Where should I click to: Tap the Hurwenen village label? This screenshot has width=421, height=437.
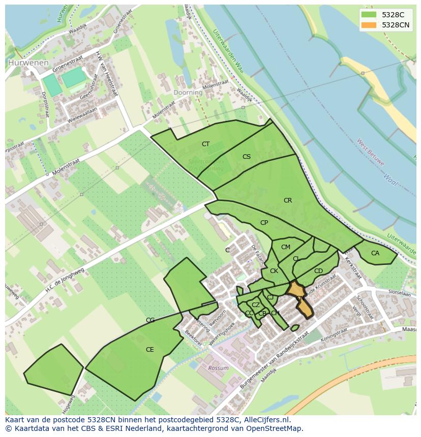(x=28, y=63)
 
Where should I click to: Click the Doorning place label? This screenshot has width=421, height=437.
(x=188, y=93)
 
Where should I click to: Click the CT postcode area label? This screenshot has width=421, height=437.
(x=205, y=144)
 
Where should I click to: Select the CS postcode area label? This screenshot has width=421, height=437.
(x=247, y=157)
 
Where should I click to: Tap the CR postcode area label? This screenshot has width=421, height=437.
(x=288, y=200)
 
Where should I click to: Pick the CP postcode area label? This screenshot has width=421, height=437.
(x=264, y=223)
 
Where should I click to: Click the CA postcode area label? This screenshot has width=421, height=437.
(x=375, y=253)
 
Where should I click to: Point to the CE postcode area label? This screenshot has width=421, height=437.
(x=149, y=350)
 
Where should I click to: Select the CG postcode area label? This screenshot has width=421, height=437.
(x=150, y=320)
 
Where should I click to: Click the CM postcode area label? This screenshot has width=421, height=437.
(x=286, y=247)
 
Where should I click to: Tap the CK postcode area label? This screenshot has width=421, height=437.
(x=274, y=271)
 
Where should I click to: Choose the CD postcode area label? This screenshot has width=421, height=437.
(x=318, y=271)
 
